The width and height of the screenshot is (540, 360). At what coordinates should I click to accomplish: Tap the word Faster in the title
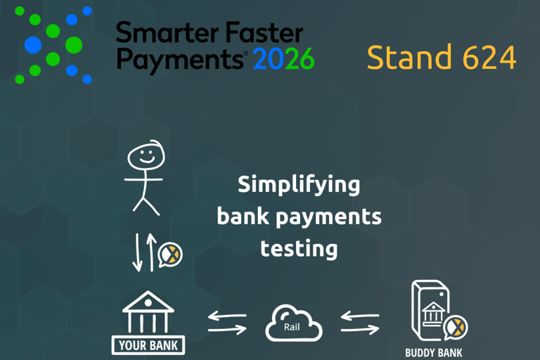pos(263,32)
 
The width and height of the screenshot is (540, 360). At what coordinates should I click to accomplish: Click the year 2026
pos(283,60)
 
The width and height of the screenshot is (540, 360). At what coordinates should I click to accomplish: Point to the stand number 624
pos(490,58)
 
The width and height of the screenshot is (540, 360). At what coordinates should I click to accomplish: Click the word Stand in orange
pos(410,58)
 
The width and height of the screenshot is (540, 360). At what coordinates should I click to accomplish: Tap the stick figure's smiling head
pos(144,157)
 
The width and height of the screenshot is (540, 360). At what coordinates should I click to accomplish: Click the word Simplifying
pos(299,186)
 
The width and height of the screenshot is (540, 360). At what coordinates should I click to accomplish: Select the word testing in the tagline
pos(299,248)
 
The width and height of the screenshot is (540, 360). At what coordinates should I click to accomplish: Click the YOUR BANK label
pos(148,345)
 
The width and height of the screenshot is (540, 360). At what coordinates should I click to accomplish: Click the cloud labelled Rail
pos(293,323)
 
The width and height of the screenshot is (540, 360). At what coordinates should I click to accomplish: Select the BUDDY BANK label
pos(434,351)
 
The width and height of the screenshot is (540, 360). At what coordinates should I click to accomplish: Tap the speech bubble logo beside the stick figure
pos(170,254)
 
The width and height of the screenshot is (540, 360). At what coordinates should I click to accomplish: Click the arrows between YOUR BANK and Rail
pos(227,323)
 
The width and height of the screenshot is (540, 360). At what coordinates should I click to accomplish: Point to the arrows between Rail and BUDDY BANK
pos(360,323)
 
